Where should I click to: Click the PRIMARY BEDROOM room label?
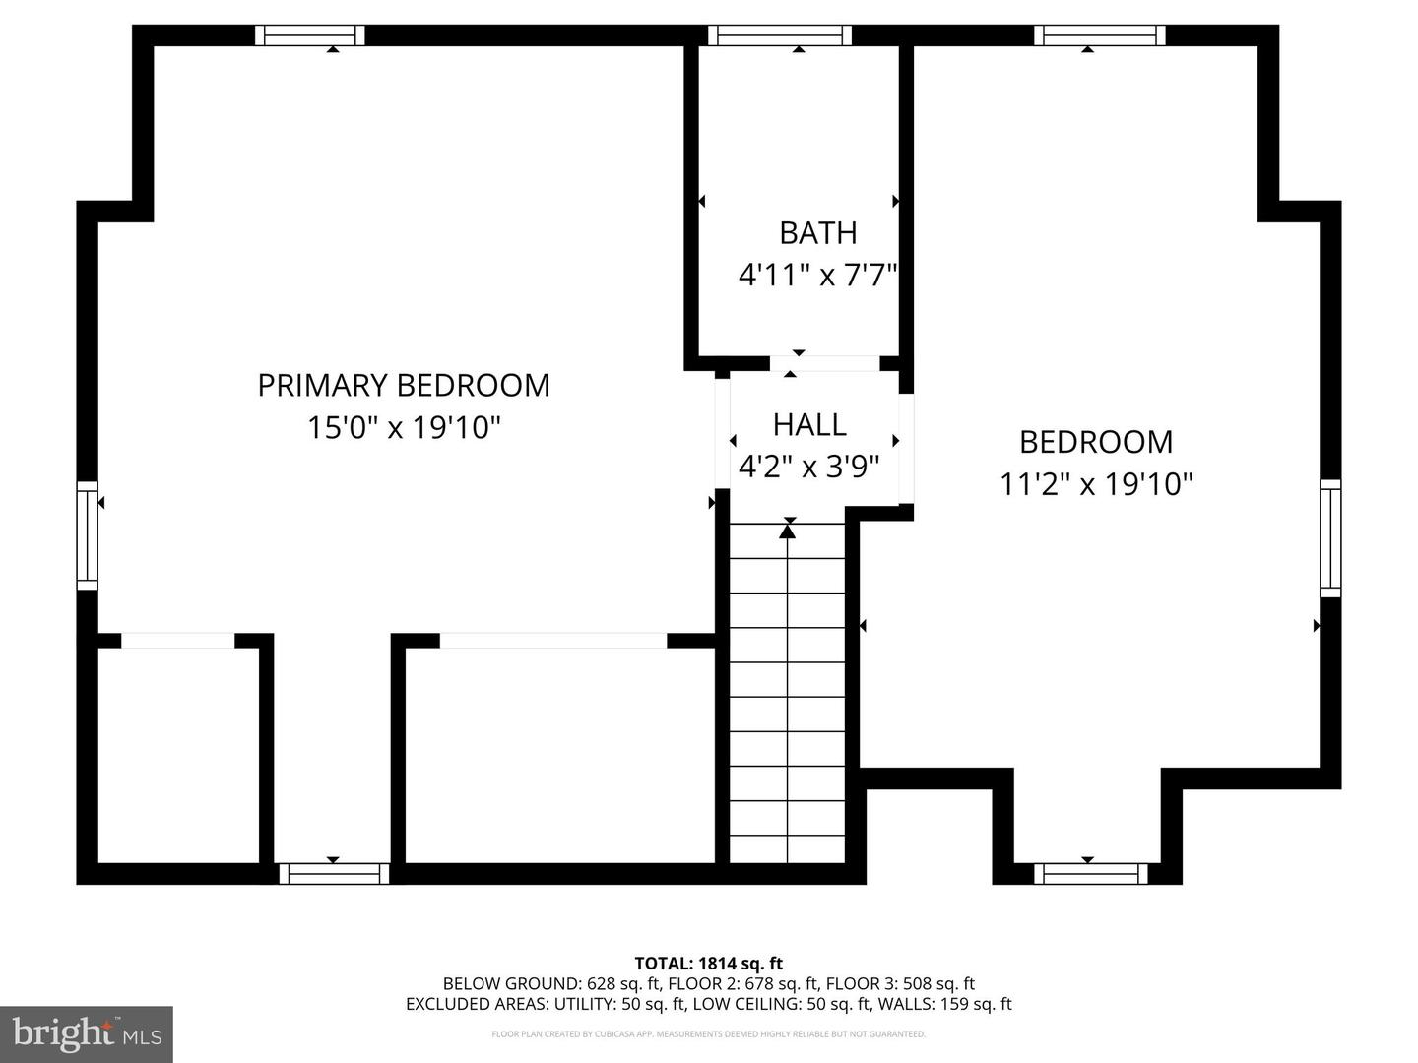(404, 385)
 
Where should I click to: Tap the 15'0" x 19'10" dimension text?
(405, 427)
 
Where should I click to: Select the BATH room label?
(818, 233)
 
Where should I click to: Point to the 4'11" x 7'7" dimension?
(818, 276)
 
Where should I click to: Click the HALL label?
(809, 424)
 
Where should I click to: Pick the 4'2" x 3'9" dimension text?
(808, 466)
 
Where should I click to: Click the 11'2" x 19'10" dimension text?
(1096, 484)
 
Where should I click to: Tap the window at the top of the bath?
(780, 35)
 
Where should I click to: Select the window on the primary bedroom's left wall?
(88, 535)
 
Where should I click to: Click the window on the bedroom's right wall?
(1330, 538)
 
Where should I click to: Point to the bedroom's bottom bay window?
(1090, 874)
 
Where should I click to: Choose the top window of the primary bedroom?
(310, 35)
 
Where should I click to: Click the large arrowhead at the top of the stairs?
(787, 531)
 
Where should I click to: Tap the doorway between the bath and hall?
(825, 363)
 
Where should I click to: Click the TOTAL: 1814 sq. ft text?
(709, 963)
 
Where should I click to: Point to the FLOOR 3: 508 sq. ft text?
(901, 983)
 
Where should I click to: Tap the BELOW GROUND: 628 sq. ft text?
(551, 983)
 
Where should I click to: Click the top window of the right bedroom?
(1100, 35)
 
